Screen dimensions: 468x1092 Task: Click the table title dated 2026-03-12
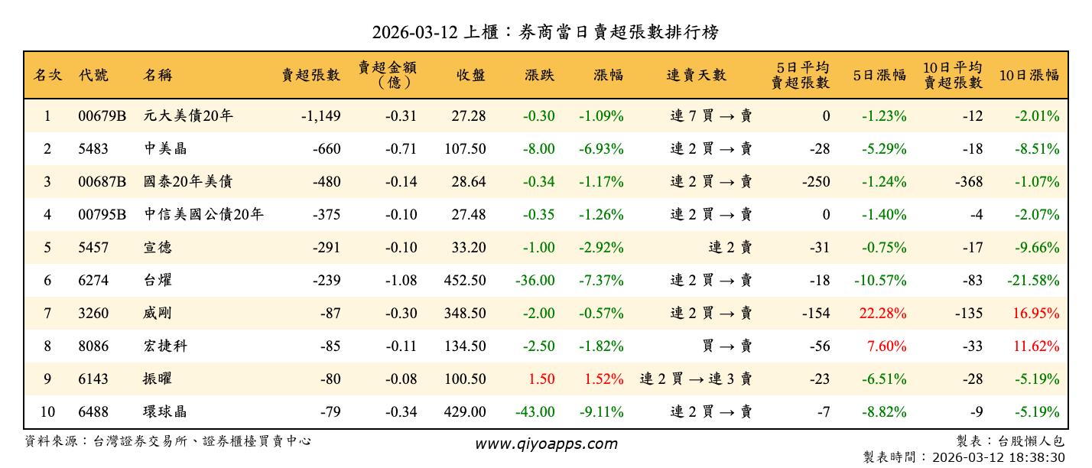pyautogui.click(x=545, y=32)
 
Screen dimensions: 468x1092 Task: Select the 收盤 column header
pyautogui.click(x=471, y=75)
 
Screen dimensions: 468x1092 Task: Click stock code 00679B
pyautogui.click(x=102, y=116)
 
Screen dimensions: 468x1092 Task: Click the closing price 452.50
pyautogui.click(x=464, y=281)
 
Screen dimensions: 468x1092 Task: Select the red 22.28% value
pyautogui.click(x=884, y=314)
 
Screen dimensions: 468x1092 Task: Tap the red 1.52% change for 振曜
pyautogui.click(x=603, y=379)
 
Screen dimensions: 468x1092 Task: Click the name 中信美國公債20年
pyautogui.click(x=203, y=215)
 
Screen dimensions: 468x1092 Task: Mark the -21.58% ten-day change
pyautogui.click(x=1033, y=281)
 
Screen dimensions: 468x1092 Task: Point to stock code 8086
pyautogui.click(x=93, y=346)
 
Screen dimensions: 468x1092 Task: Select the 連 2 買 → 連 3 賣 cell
pyautogui.click(x=696, y=379)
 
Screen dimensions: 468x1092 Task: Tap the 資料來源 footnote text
pyautogui.click(x=168, y=441)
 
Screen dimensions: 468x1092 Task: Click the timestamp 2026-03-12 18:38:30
pyautogui.click(x=997, y=457)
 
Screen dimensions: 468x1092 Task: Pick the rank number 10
pyautogui.click(x=47, y=412)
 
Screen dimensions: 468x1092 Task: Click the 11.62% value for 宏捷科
pyautogui.click(x=1037, y=346)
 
